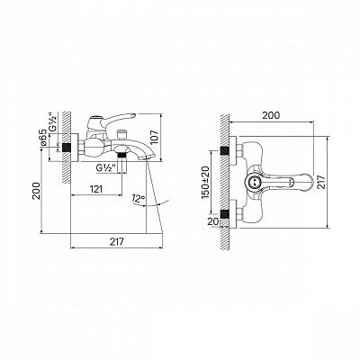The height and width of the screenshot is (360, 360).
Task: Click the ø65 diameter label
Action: pos(44,138)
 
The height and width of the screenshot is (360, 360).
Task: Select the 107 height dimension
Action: pos(154,137)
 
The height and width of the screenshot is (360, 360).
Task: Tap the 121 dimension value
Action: pos(96,189)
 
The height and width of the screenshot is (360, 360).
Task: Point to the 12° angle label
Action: pos(138,199)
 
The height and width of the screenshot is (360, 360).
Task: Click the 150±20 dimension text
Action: pos(206,182)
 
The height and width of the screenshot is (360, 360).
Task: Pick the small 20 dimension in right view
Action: pos(212,221)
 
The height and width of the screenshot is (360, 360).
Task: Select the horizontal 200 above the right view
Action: pos(271,115)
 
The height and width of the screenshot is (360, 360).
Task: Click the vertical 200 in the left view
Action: pos(36,191)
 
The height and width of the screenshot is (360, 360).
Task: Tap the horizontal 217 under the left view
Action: pos(116,241)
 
